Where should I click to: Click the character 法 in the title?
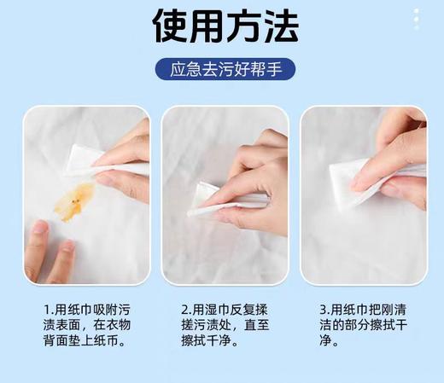278,26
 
